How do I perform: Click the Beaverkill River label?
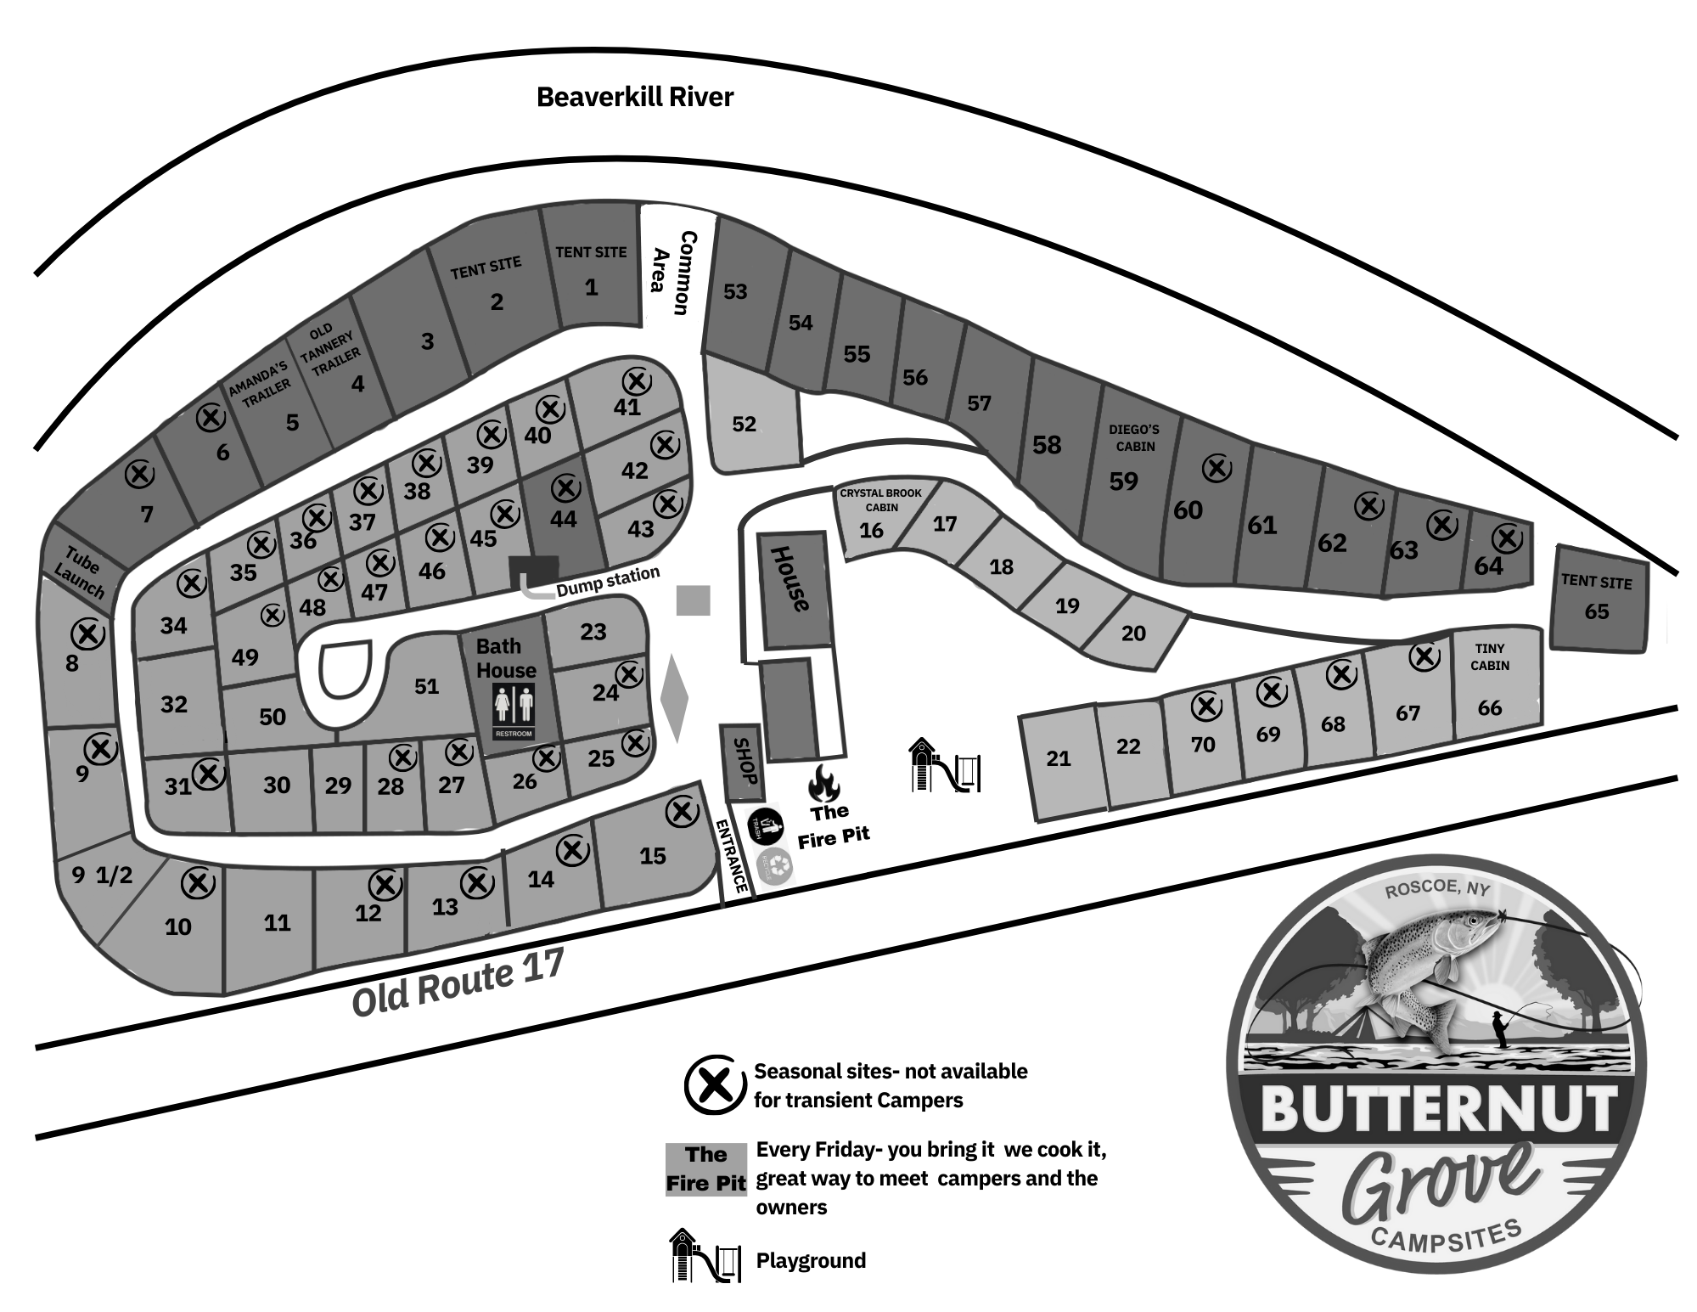[x=634, y=97]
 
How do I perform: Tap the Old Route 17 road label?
[x=458, y=983]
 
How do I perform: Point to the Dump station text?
[x=608, y=581]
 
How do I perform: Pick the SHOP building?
[x=741, y=763]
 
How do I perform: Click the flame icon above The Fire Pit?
[x=823, y=783]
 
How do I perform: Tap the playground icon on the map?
[x=944, y=766]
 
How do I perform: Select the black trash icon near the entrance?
[x=765, y=825]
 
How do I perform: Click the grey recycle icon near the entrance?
[x=774, y=866]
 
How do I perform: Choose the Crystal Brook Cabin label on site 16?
[x=880, y=499]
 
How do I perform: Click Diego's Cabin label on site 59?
[x=1134, y=437]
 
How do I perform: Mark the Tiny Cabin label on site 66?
[x=1490, y=656]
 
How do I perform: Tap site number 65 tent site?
[x=1596, y=611]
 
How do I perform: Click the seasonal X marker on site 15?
[x=682, y=812]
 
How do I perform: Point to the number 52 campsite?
[x=744, y=424]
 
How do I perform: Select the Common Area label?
[x=670, y=272]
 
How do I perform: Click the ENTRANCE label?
[x=731, y=855]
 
